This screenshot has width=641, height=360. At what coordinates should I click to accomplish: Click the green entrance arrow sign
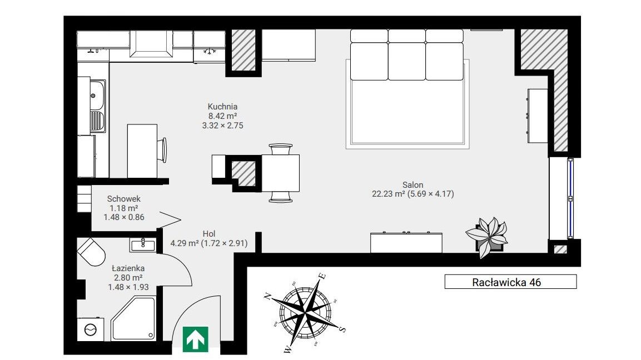click(x=195, y=339)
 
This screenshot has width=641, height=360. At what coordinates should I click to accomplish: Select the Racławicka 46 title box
click(x=510, y=282)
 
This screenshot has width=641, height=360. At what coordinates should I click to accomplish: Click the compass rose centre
click(x=305, y=313)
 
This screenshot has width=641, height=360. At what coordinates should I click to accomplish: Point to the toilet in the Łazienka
click(x=92, y=252)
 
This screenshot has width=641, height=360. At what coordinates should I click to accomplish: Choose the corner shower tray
click(x=133, y=319)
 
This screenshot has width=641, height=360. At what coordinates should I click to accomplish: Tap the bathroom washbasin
click(x=143, y=245)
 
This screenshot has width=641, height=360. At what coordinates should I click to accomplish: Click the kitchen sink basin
click(x=97, y=95)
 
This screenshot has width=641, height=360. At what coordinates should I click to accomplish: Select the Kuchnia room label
click(x=222, y=107)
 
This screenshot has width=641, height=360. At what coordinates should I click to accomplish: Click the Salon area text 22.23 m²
click(x=389, y=194)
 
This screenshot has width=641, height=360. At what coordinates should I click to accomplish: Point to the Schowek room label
click(x=124, y=199)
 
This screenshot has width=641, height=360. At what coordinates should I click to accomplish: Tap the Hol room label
click(x=209, y=234)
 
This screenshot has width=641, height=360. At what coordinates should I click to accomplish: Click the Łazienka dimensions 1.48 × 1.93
click(x=128, y=287)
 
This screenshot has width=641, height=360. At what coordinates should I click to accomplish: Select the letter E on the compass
click(x=322, y=276)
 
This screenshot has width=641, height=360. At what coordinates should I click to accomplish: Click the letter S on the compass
click(x=343, y=329)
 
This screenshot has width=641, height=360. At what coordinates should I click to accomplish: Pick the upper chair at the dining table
click(x=280, y=149)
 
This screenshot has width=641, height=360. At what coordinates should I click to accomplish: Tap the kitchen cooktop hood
click(x=151, y=44)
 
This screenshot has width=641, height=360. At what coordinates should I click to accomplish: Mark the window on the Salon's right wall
click(x=570, y=198)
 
